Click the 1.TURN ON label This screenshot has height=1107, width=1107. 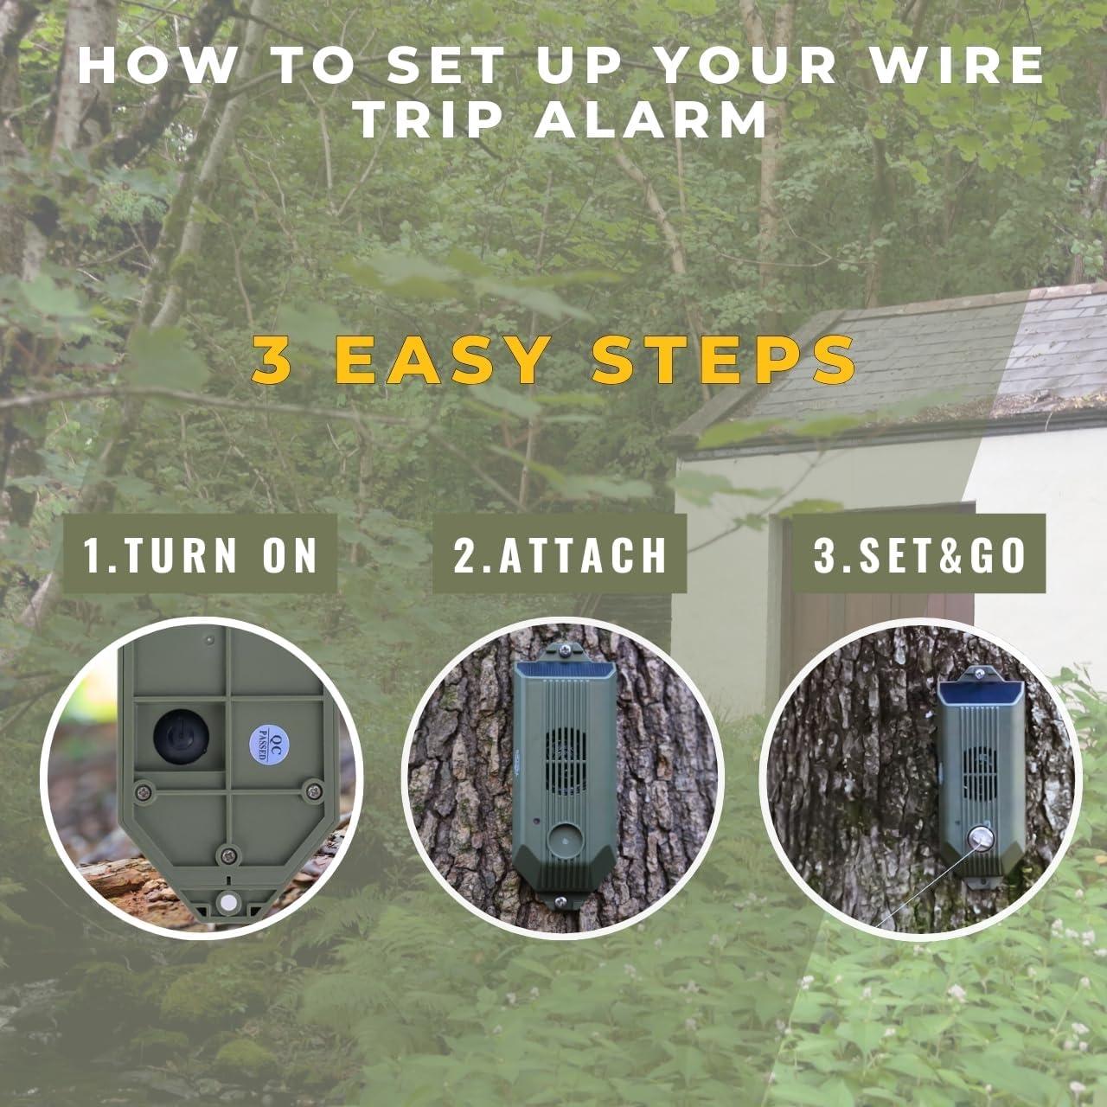click(x=201, y=554)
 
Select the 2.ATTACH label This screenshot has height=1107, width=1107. click(x=560, y=554)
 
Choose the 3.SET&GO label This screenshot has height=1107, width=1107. click(x=919, y=554)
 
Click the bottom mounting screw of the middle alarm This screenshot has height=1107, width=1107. click(x=560, y=902)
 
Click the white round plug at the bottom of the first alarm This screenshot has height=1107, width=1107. click(x=228, y=901)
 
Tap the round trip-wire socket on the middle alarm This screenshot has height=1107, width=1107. click(x=560, y=837)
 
